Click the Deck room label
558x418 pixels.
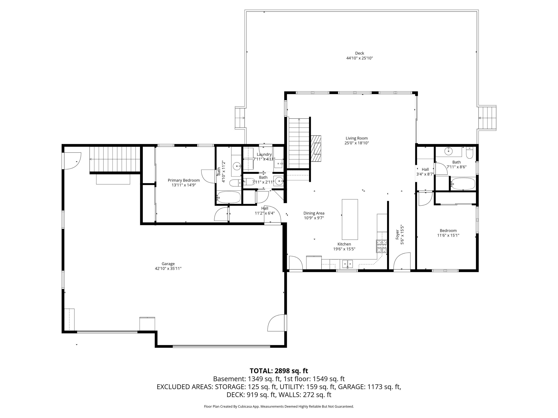360,53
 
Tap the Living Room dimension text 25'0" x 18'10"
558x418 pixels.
357,143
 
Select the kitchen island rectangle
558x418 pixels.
350,219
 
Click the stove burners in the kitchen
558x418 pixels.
382,246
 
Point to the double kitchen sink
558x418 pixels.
348,264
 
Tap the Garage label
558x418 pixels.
168,264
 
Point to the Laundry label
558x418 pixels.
264,154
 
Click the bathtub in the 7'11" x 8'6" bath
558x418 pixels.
463,184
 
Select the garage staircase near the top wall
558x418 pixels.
115,159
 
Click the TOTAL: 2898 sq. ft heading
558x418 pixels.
279,371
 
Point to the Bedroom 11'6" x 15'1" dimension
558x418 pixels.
448,236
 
